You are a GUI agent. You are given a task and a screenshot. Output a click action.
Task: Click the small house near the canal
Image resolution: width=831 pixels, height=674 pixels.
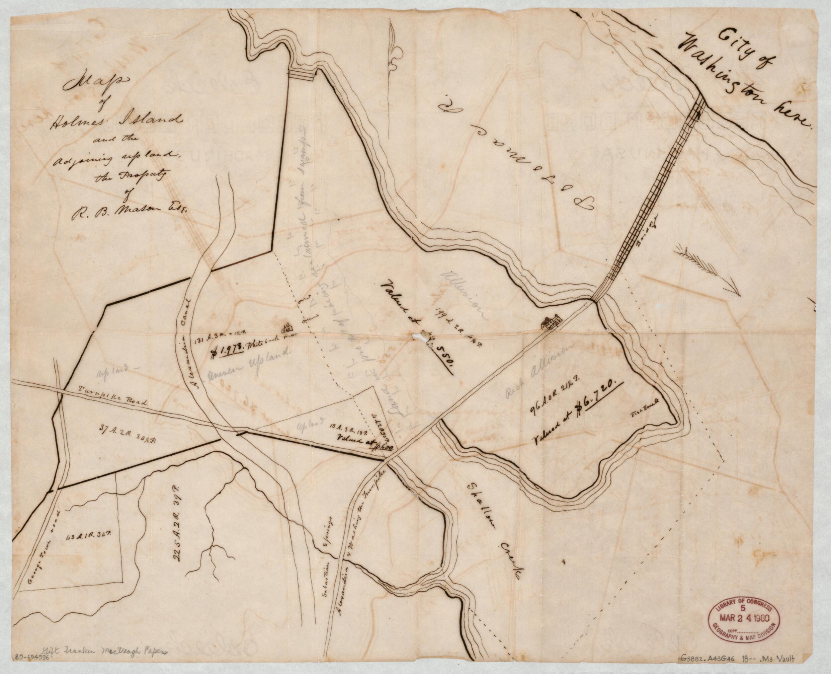287,326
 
